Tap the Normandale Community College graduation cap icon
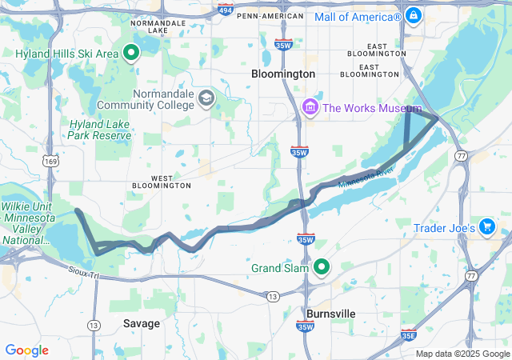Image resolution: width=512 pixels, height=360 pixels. coord(206,98)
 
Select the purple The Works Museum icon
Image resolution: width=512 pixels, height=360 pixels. coord(310,107)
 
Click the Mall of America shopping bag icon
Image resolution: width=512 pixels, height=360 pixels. coord(413,15)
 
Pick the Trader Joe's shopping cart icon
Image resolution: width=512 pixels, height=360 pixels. coord(486,228)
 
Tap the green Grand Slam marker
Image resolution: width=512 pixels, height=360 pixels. coord(322,267)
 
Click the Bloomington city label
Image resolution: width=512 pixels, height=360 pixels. coord(283,74)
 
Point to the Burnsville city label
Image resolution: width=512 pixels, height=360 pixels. coord(331,314)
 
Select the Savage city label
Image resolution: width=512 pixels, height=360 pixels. coord(142,323)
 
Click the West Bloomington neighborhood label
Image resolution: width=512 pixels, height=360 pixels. coord(161,181)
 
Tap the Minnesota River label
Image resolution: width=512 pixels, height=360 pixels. coord(366,181)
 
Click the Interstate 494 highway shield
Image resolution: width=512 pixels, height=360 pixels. coord(226,12)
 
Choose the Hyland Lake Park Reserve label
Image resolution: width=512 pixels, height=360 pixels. coord(100,130)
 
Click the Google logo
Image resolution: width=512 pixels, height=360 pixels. coord(27,350)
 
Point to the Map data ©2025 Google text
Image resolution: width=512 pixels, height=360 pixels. coord(462,354)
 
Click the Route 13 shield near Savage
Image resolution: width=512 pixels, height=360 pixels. coord(94,325)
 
